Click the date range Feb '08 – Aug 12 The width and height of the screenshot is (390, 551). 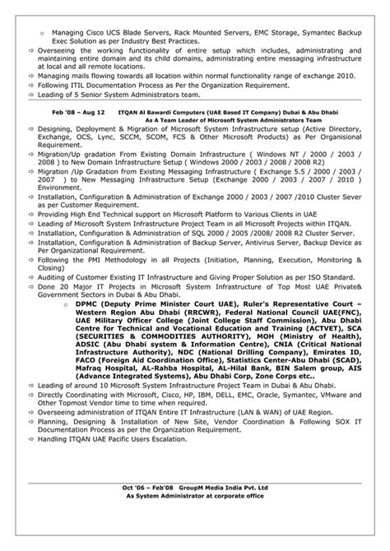click(80, 109)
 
